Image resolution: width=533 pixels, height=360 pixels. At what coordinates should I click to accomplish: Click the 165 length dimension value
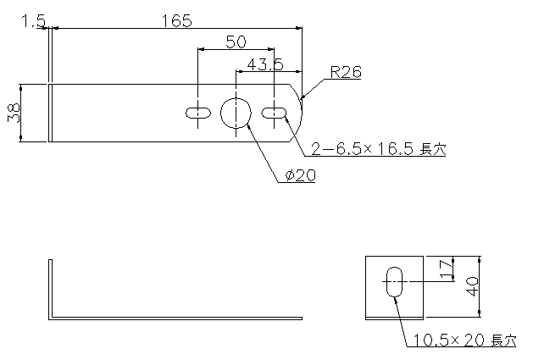(176, 20)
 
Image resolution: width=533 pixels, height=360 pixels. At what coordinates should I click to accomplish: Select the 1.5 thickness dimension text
(33, 21)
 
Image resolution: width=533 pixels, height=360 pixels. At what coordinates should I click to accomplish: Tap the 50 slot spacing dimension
(236, 42)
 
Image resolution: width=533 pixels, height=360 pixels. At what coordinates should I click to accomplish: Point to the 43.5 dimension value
(264, 64)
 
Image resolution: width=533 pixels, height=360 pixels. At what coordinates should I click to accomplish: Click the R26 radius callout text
(346, 72)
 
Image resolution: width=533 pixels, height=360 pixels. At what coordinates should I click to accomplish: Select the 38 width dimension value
(14, 113)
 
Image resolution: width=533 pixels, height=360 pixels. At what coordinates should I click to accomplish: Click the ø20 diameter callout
(300, 175)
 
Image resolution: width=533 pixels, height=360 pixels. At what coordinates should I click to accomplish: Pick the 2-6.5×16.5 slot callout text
(378, 149)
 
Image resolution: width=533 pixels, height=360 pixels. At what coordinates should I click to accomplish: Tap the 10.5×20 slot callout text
(464, 341)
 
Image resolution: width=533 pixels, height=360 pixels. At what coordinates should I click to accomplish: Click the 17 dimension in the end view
(447, 269)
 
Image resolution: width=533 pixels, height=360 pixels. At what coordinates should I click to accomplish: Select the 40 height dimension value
(473, 286)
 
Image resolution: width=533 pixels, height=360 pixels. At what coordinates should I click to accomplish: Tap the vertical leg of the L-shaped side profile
(50, 290)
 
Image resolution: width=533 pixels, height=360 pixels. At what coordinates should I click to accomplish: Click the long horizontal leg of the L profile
(175, 318)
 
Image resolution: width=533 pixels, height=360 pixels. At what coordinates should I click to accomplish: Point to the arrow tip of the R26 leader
(301, 100)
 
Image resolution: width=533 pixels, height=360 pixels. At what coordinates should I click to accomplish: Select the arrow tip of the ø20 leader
(247, 124)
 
